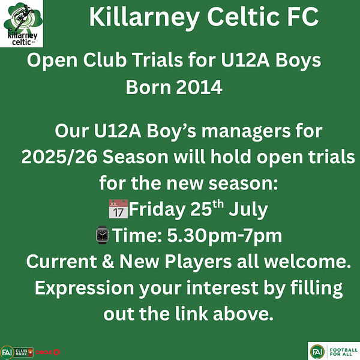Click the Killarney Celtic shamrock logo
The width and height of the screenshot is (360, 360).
coord(22,23)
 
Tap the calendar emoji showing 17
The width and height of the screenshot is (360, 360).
coord(118,209)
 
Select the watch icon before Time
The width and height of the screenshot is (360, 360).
coord(103,235)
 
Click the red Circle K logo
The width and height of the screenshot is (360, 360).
coord(47,352)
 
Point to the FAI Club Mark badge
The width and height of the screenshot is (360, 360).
coord(17,352)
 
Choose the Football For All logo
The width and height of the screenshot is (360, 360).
coord(334,351)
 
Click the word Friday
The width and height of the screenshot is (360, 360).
coord(157,210)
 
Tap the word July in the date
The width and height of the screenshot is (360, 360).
coord(248,210)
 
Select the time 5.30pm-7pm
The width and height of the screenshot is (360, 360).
coord(224,235)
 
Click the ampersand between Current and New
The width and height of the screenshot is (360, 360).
coord(108,261)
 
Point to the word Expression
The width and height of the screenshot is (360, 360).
coord(85,288)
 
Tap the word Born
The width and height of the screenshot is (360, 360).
coord(148,87)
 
